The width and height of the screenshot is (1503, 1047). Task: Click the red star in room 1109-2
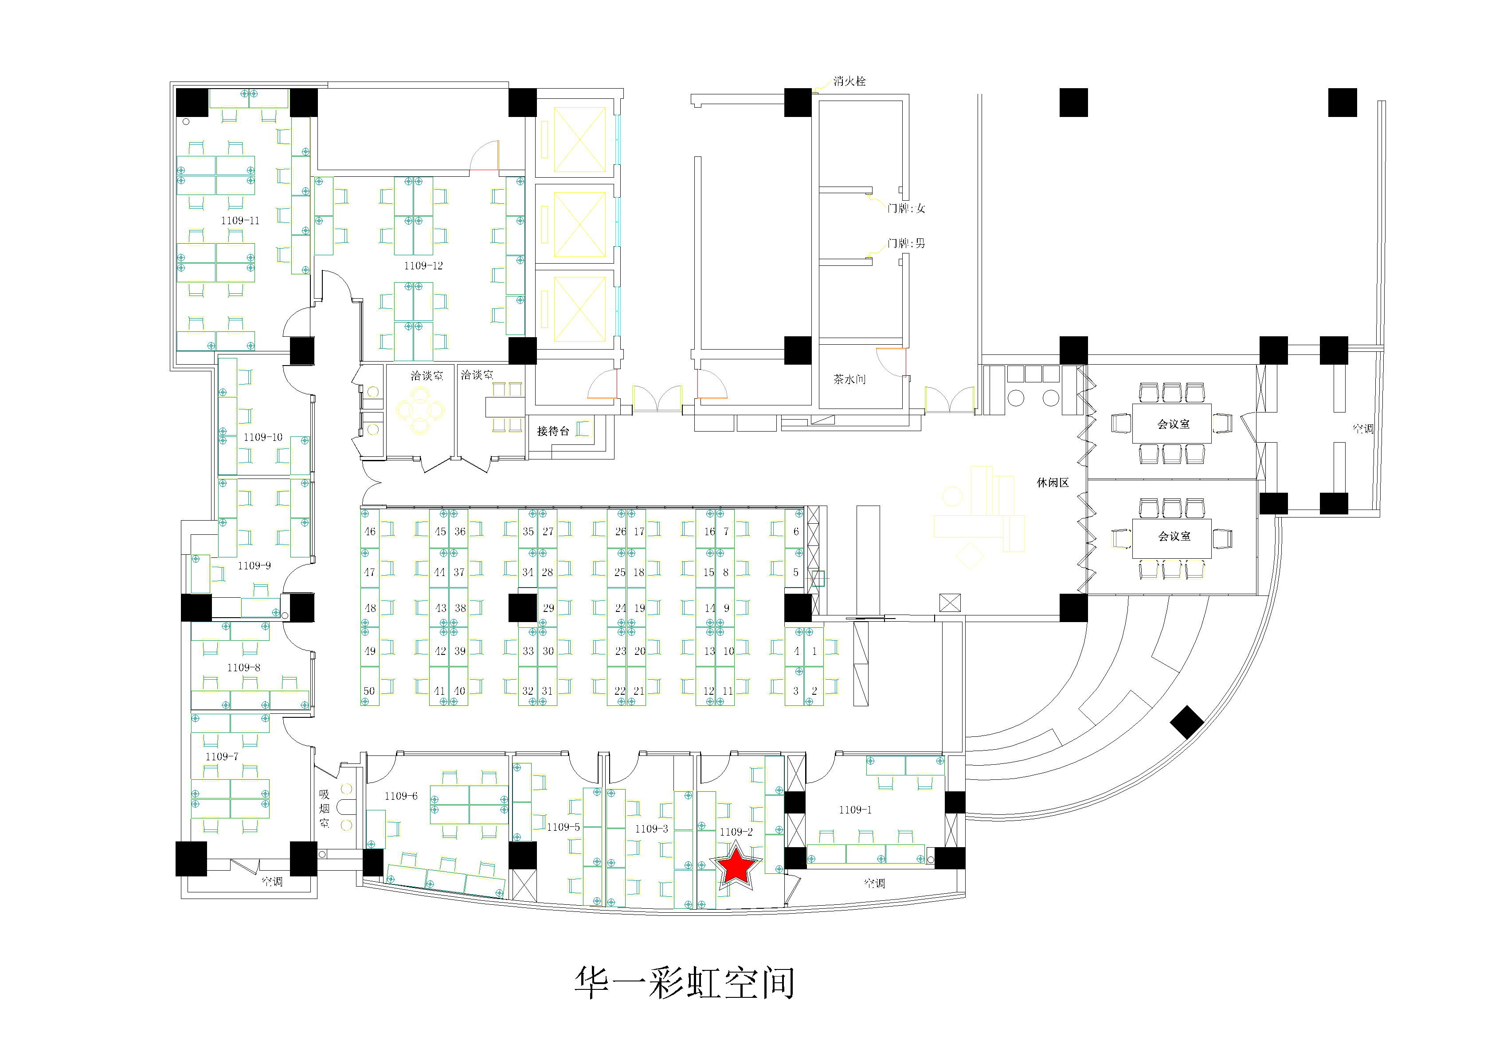click(x=736, y=866)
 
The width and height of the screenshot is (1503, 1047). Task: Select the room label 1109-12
click(x=423, y=266)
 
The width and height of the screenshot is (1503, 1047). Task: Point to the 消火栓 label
click(x=849, y=81)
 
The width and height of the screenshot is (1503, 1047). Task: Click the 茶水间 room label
click(x=849, y=379)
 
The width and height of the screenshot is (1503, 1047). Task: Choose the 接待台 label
click(x=553, y=431)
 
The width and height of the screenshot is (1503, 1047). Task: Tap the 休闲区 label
click(x=1052, y=482)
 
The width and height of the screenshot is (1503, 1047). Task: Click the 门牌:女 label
click(x=906, y=208)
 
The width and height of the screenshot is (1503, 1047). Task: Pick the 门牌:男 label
click(x=906, y=243)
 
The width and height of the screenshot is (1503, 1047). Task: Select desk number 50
click(x=369, y=691)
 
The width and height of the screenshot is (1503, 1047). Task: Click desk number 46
click(x=370, y=531)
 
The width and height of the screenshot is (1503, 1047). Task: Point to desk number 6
click(x=796, y=531)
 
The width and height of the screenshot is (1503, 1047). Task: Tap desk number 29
click(x=548, y=608)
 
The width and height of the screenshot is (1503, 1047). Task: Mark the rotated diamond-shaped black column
click(x=1186, y=722)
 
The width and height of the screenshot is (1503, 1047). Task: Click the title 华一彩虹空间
click(x=685, y=982)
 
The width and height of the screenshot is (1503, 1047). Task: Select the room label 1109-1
click(x=855, y=810)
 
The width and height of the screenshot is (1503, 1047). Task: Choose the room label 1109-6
click(x=401, y=796)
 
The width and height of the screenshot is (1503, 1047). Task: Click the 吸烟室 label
click(x=324, y=808)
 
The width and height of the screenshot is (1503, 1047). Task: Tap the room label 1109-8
click(x=243, y=667)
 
